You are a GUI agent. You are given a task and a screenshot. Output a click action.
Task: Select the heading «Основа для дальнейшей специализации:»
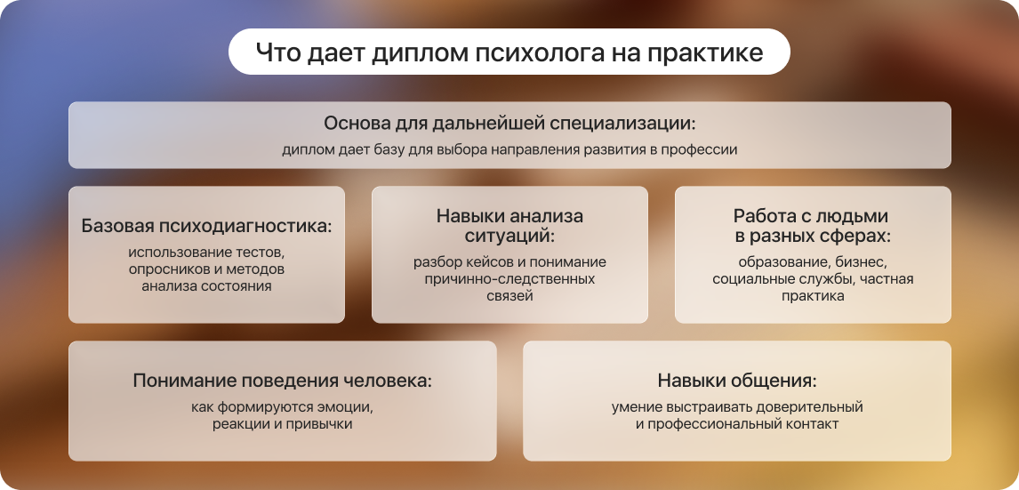509,124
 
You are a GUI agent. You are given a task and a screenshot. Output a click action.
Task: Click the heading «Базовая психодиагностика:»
206,226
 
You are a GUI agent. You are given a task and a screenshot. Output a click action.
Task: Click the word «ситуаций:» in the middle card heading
510,236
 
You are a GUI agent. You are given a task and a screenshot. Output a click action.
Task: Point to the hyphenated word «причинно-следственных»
509,279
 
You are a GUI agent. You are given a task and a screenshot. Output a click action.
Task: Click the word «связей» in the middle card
509,296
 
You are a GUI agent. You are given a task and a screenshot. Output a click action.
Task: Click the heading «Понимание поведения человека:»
282,381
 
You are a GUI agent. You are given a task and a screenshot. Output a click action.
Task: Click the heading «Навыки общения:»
737,381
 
